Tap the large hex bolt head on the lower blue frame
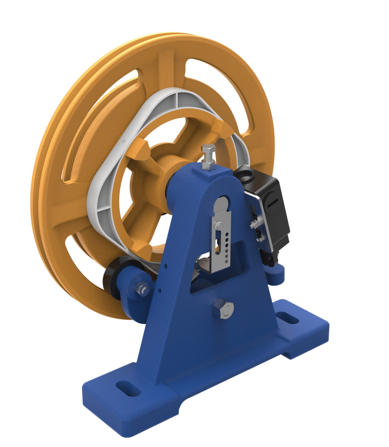tap(224, 309)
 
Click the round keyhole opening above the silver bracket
tap(224, 203)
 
